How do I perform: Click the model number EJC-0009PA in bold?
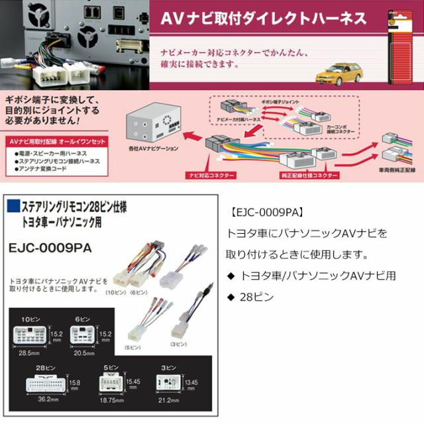[50, 246]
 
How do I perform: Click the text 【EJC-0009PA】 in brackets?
[264, 213]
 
